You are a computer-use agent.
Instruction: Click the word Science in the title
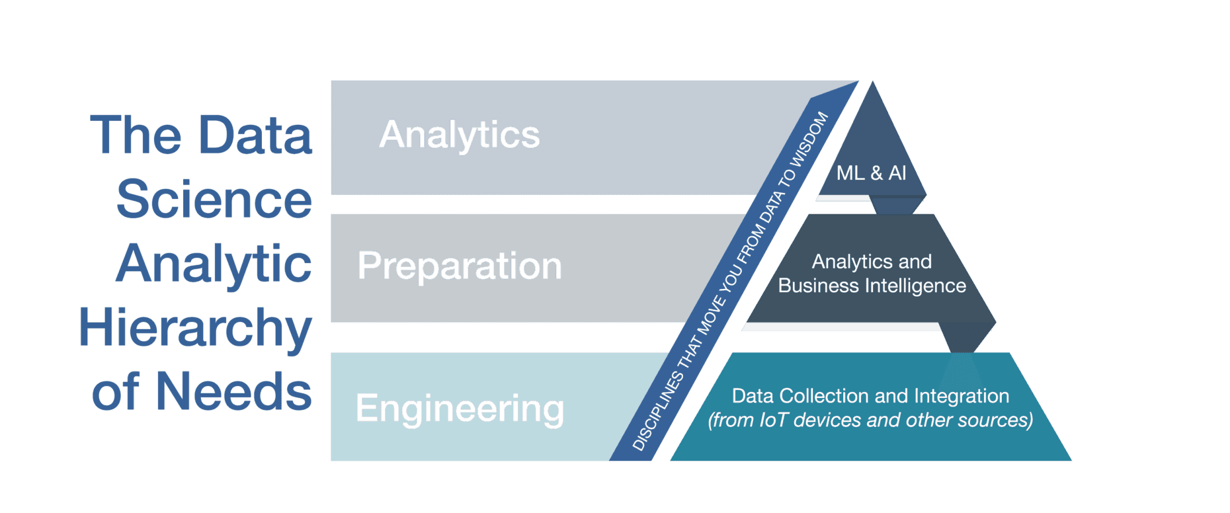[x=214, y=199]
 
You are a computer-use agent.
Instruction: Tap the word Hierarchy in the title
[x=195, y=329]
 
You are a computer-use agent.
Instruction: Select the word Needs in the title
[x=233, y=391]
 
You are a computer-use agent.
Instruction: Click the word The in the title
[x=136, y=135]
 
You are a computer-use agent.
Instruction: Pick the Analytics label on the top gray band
[x=460, y=136]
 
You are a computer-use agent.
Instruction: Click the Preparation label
[x=460, y=266]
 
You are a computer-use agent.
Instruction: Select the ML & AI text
[x=871, y=173]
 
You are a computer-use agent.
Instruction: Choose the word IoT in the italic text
[x=774, y=420]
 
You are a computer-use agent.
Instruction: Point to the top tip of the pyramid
[x=872, y=81]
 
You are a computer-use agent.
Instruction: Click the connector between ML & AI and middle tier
[x=896, y=204]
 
